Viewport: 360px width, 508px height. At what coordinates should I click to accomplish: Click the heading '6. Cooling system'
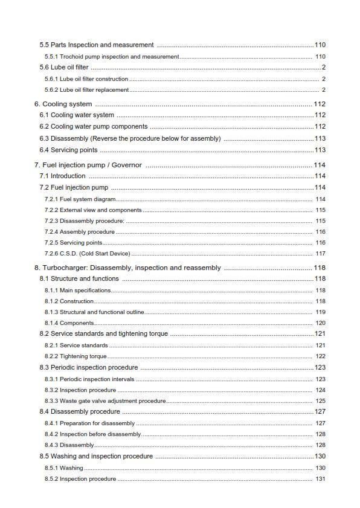coord(63,104)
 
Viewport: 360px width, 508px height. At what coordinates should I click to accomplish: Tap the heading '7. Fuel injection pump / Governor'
coord(88,165)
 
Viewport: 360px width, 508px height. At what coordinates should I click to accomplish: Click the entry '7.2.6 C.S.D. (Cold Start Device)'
coord(87,254)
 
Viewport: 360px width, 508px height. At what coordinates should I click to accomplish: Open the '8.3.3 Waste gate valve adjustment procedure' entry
coord(104,401)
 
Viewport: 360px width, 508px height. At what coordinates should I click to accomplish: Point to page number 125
coord(320,401)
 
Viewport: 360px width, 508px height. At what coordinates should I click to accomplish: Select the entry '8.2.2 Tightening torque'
coord(76,356)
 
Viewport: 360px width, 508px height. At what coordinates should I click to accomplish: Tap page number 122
coord(320,356)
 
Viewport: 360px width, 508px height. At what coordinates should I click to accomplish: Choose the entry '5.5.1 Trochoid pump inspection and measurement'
coord(112,56)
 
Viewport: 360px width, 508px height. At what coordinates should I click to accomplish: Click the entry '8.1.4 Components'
coord(69,323)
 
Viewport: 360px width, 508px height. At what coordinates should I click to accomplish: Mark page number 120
coord(320,323)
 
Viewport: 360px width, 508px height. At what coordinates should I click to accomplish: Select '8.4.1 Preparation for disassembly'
coord(89,423)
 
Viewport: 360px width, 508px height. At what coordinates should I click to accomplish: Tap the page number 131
coord(320,479)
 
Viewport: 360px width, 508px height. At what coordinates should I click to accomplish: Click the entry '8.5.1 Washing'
coord(63,468)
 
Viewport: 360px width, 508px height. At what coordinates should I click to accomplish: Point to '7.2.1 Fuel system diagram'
coord(80,199)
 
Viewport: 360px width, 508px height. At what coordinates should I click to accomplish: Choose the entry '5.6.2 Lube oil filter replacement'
coord(86,90)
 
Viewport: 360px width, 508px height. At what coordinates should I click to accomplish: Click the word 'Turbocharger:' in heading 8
coord(63,268)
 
